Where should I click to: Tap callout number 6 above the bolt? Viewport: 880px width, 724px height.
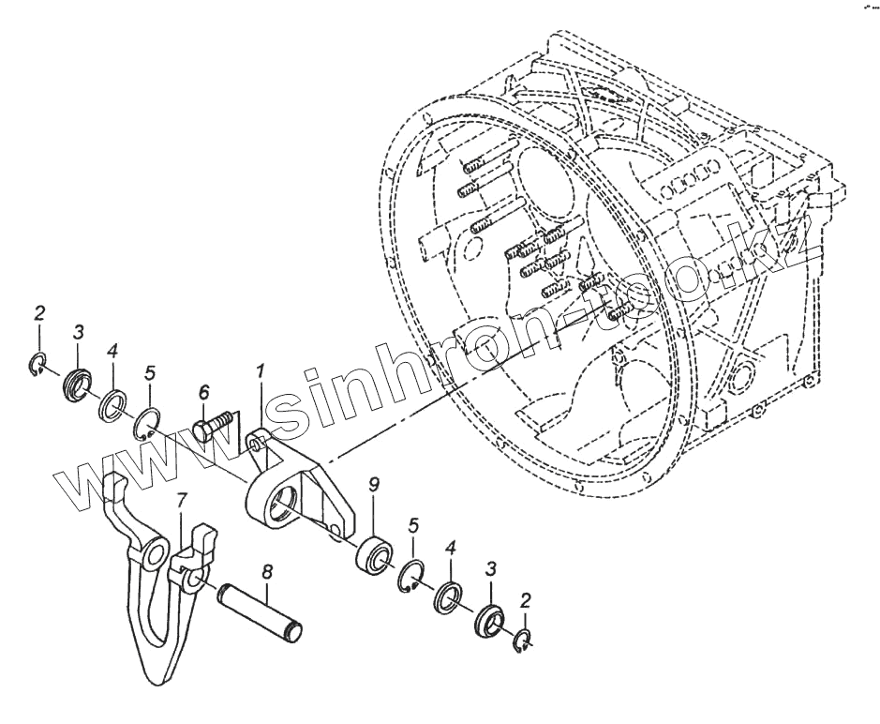point(203,393)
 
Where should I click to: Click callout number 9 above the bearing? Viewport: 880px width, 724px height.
point(373,485)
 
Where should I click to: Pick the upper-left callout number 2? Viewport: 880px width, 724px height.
point(38,313)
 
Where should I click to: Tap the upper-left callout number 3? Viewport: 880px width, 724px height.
point(79,331)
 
